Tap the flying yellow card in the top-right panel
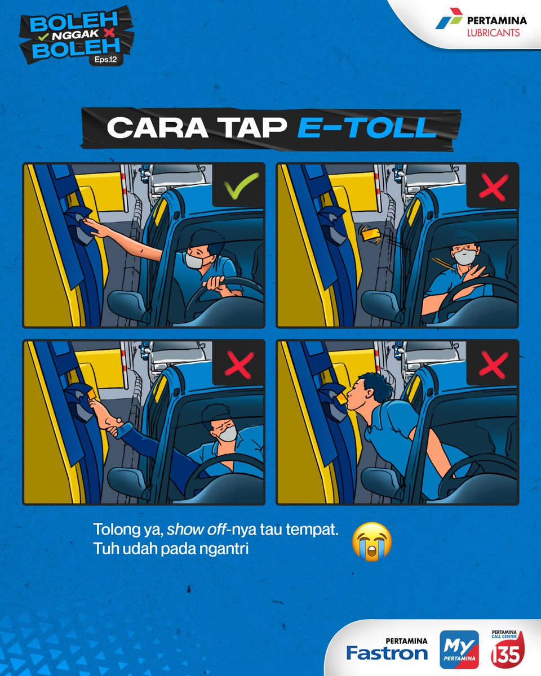pyautogui.click(x=370, y=233)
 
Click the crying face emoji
pyautogui.click(x=371, y=541)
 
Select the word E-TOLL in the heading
pyautogui.click(x=367, y=128)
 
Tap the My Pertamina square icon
pyautogui.click(x=459, y=650)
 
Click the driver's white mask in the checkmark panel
pyautogui.click(x=195, y=260)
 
